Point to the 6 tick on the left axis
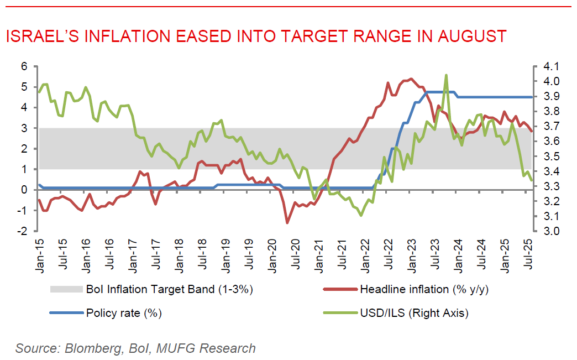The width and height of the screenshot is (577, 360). (24, 66)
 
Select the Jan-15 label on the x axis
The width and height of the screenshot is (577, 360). (40, 254)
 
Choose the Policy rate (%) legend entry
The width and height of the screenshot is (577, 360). (124, 313)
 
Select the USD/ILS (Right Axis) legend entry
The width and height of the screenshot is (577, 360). (414, 313)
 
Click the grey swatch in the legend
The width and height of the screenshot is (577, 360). (66, 289)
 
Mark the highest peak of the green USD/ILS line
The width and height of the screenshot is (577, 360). (445, 75)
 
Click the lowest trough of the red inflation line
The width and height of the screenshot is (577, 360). (287, 222)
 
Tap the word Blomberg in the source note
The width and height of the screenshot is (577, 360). (95, 348)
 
